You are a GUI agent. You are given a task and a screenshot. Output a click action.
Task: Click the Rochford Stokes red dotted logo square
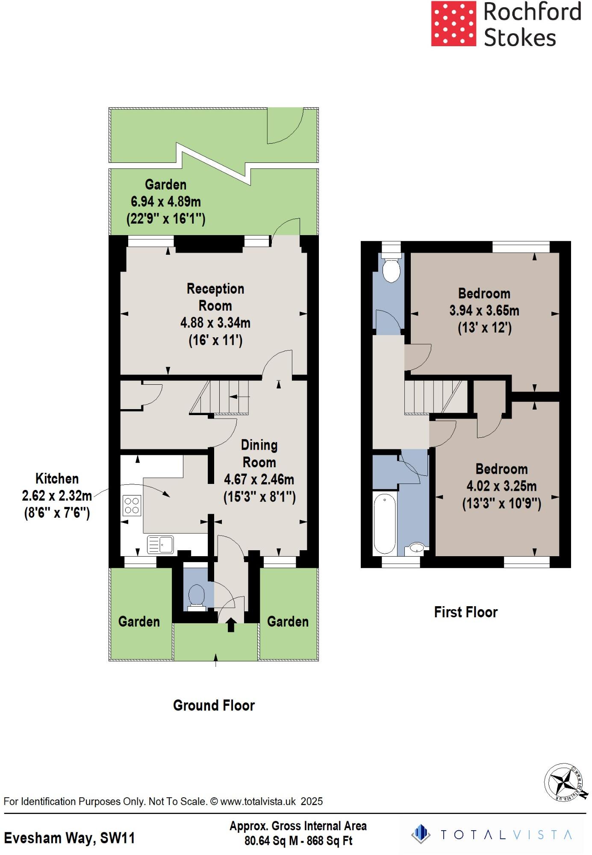[453, 24]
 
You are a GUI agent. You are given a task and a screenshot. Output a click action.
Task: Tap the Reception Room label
[215, 297]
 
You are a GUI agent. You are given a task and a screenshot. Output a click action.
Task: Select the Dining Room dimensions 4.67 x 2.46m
[259, 479]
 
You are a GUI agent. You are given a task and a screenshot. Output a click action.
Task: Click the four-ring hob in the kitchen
[132, 505]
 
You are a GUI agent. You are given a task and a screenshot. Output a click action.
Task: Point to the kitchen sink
[160, 545]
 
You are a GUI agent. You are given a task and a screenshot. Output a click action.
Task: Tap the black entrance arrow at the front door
[231, 625]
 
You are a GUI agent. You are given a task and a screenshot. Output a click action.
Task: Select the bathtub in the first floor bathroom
[385, 523]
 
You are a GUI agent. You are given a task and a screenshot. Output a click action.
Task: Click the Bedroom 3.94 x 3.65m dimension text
[484, 311]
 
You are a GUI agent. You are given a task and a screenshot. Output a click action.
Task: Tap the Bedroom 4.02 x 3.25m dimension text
[501, 486]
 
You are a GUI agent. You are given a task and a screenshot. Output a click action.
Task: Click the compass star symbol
[565, 781]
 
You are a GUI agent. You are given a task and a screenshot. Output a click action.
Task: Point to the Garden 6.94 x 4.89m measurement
[166, 201]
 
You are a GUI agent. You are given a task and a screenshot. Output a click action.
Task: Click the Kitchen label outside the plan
[57, 478]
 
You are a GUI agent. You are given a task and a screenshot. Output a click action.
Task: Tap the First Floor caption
[465, 612]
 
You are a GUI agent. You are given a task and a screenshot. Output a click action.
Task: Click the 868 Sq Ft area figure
[329, 841]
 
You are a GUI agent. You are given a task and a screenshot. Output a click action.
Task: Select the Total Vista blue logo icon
[421, 834]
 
